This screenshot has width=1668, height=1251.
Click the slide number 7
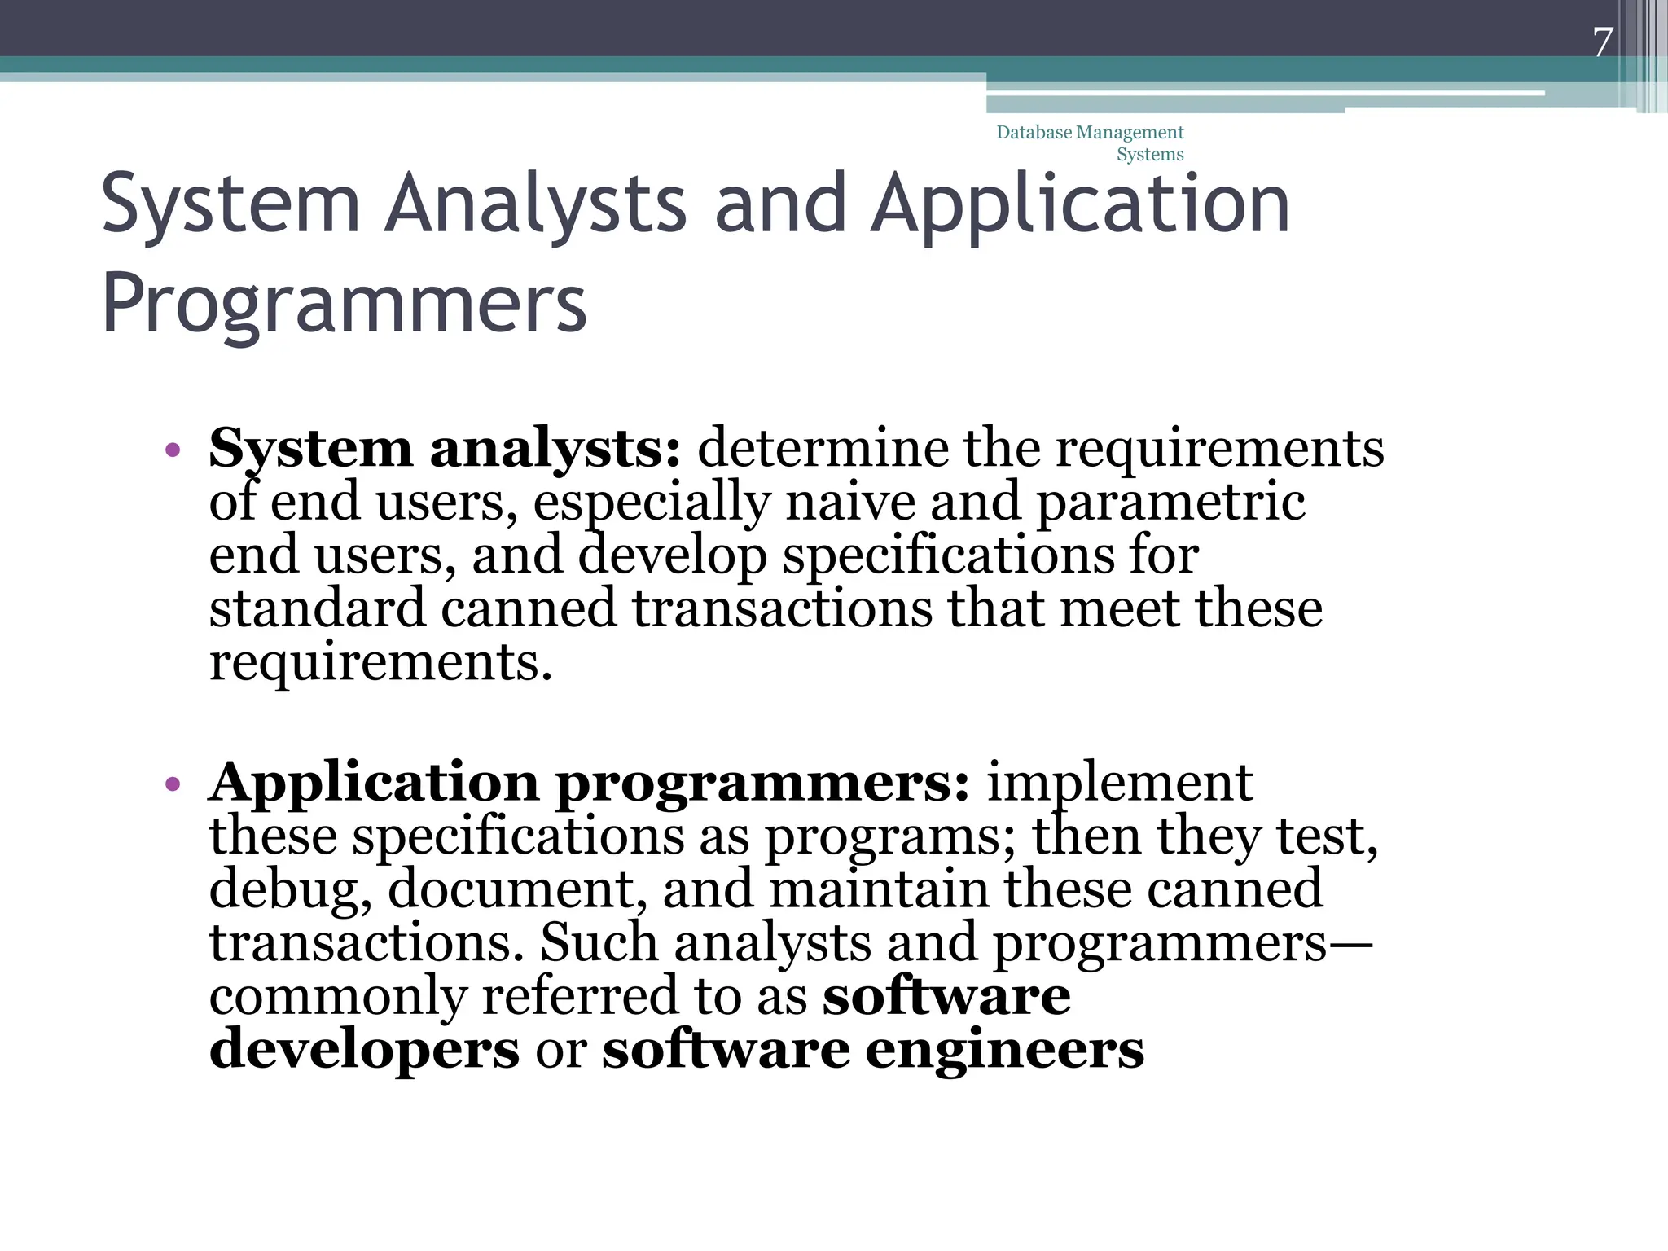coord(1603,42)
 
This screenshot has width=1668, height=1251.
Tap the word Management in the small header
coord(1130,132)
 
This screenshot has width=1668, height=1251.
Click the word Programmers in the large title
coord(344,303)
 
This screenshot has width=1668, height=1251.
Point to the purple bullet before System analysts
coord(172,450)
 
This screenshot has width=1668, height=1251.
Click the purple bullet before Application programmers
coord(172,784)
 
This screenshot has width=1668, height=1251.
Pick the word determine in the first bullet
coord(823,448)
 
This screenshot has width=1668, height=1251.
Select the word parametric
coord(1170,502)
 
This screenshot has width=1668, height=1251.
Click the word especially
coord(651,502)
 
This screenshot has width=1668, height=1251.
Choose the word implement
coord(1119,782)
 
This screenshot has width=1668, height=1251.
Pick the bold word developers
coord(364,1050)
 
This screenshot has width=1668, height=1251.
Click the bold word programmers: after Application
coord(763,782)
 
